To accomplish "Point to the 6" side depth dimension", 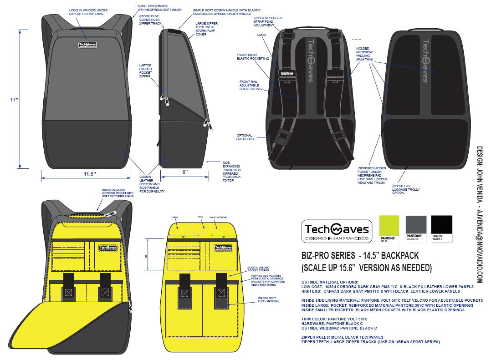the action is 184,172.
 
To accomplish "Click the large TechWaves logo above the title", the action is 337,231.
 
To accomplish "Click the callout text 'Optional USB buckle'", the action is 246,137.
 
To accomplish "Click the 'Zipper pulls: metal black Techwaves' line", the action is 342,337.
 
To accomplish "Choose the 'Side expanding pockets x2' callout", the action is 230,171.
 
